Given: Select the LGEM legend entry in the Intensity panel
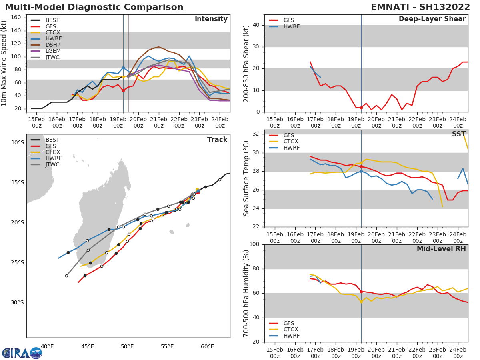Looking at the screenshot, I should pos(52,51).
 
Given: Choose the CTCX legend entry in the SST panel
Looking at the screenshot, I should pos(290,141).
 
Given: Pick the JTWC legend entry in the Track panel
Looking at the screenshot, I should pos(52,165).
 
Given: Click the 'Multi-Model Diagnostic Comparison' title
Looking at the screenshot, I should pos(94,7).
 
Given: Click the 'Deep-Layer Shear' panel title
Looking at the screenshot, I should pos(432,19).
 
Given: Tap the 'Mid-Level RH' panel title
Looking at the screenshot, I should pos(441,249).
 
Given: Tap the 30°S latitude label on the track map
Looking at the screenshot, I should pos(17,302).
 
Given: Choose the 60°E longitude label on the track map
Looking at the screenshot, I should pos(208,346).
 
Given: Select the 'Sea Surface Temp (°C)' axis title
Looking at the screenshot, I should pos(246,178).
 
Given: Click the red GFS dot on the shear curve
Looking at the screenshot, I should pos(361,108).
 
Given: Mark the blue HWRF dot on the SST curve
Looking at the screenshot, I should pos(361,171).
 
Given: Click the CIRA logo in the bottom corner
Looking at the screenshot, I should pos(22,353).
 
